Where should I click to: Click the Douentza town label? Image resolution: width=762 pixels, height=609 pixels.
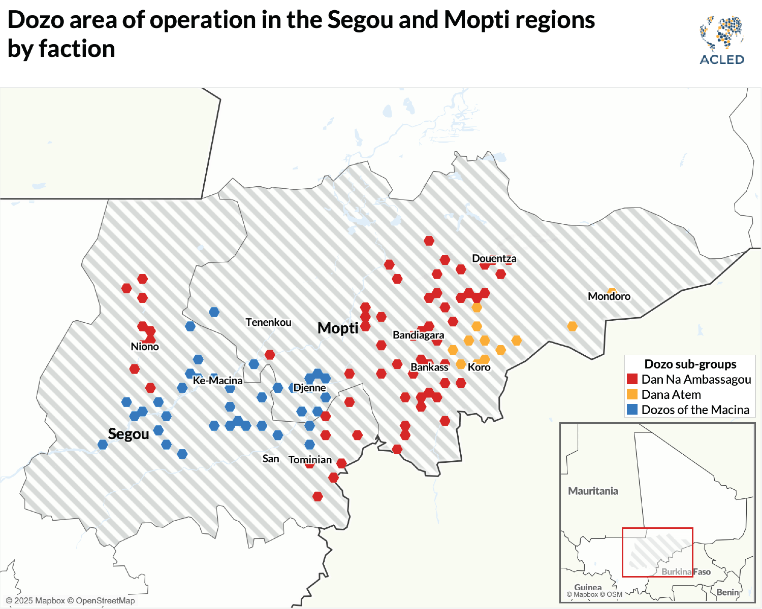pos(494,258)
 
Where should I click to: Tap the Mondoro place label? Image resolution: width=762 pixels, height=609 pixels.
pos(609,296)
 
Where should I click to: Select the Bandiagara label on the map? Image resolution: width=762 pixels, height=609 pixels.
pos(418,335)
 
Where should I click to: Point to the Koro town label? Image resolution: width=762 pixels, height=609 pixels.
pos(479,367)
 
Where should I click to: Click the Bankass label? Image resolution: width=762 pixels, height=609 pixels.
pos(429,367)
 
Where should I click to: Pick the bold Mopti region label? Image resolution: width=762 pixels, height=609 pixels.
pos(338,328)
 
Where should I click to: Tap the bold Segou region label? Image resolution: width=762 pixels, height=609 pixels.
pos(129,434)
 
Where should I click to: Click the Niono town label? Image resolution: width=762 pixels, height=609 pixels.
pos(145,347)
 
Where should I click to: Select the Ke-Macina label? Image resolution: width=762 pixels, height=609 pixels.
pos(217,380)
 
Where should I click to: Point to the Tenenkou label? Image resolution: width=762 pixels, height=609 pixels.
pos(268,322)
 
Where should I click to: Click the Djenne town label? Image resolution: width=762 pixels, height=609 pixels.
pos(309,388)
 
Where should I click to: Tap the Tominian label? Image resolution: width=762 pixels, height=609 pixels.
pos(310,460)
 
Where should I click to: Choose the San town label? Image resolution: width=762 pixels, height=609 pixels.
pos(271,459)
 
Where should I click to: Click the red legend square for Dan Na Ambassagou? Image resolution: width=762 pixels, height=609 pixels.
pos(632,379)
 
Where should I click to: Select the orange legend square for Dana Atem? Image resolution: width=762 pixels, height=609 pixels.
pos(632,394)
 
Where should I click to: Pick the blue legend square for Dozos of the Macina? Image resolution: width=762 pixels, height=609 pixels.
pos(632,410)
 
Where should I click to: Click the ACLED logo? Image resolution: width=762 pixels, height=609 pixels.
pos(721,41)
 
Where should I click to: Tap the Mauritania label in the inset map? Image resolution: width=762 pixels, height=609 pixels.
pos(593,491)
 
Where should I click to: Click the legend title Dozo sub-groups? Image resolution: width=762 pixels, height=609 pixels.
pos(690,364)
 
